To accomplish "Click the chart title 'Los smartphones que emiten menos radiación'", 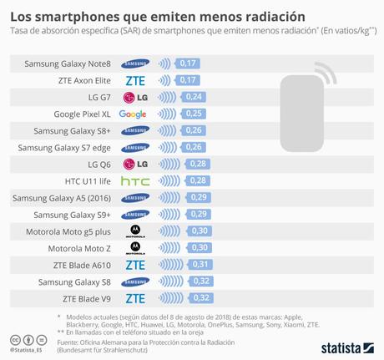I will coord(157,15).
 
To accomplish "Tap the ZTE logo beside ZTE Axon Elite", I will coord(134,80).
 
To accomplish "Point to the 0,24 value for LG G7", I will coord(195,97).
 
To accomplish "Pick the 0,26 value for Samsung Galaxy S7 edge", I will coord(196,147).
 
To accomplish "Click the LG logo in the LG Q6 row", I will coord(134,165).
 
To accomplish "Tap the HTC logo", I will coord(134,181).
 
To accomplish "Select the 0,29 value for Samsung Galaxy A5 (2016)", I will coord(199,198).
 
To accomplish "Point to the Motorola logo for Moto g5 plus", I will coord(134,231).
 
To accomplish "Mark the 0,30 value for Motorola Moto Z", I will coord(200,248).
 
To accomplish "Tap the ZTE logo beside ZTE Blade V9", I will coord(134,298).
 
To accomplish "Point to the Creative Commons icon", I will coord(15,340).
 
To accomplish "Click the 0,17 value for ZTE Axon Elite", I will coord(189,80).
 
